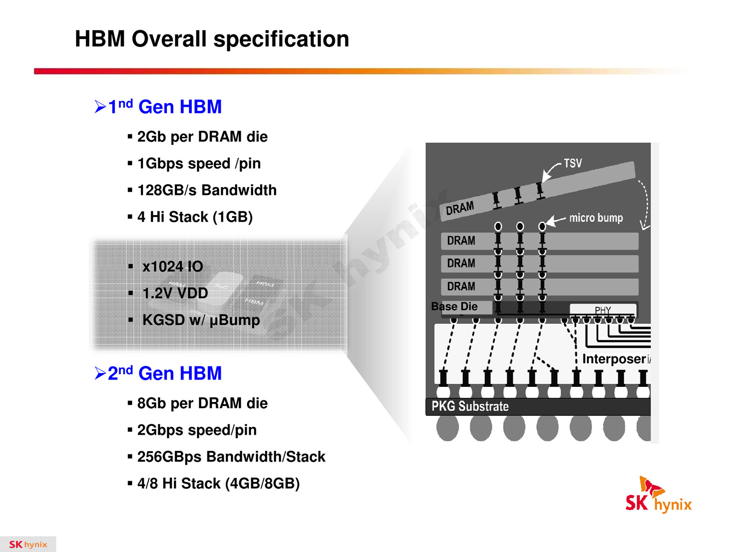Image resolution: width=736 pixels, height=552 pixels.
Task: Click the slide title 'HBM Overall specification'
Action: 212,39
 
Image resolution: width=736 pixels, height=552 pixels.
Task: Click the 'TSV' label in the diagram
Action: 573,164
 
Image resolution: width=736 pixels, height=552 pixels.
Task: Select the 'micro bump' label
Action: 596,218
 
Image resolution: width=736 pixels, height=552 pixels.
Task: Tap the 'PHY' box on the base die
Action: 603,310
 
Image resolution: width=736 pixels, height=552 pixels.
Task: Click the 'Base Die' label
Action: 454,306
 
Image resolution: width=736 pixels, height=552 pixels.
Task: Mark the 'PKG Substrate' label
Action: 470,406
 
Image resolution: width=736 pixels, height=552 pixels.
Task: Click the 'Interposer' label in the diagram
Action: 614,359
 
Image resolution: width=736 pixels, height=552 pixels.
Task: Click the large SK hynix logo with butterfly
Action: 658,495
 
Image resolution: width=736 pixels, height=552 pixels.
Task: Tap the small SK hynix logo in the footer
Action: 28,544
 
